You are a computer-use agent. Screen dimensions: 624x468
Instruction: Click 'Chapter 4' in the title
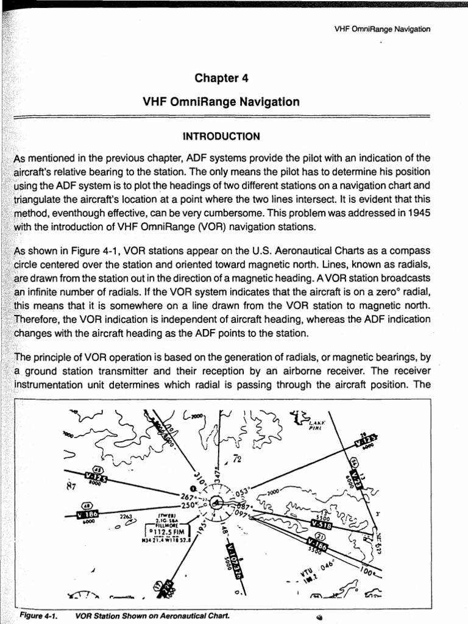221,78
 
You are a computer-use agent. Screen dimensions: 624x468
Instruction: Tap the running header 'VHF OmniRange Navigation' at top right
383,29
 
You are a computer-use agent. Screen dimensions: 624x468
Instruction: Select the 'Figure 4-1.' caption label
38,615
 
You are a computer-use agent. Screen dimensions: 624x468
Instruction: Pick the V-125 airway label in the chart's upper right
366,439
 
